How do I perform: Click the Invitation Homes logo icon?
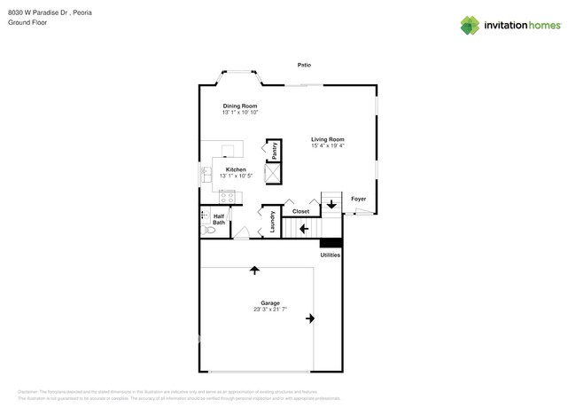pyautogui.click(x=470, y=25)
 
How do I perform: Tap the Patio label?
pyautogui.click(x=304, y=65)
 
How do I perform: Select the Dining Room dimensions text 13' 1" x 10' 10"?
pyautogui.click(x=240, y=113)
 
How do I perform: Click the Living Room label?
pyautogui.click(x=328, y=139)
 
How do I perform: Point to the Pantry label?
pyautogui.click(x=275, y=150)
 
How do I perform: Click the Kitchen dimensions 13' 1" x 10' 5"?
pyautogui.click(x=236, y=177)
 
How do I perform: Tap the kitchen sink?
pyautogui.click(x=206, y=175)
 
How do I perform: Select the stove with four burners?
pyautogui.click(x=227, y=197)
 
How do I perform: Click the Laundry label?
pyautogui.click(x=272, y=221)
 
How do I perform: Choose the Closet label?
pyautogui.click(x=301, y=211)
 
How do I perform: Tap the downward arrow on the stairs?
pyautogui.click(x=331, y=205)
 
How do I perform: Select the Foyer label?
pyautogui.click(x=358, y=199)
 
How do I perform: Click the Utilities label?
pyautogui.click(x=331, y=255)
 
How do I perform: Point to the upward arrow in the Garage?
pyautogui.click(x=255, y=269)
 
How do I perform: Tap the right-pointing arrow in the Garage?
pyautogui.click(x=310, y=318)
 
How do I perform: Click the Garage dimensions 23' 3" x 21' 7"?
pyautogui.click(x=270, y=309)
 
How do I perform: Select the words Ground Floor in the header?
pyautogui.click(x=27, y=22)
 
